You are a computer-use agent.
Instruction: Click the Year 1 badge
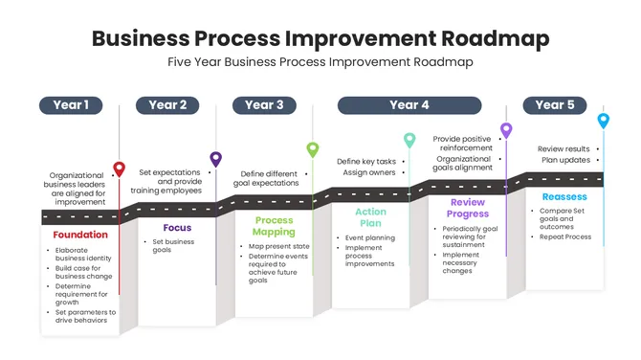tap(71, 105)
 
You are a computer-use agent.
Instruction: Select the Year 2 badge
tap(167, 105)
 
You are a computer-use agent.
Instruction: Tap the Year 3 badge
tap(264, 105)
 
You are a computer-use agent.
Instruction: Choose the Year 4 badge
tap(409, 105)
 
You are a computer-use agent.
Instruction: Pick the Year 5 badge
tap(555, 105)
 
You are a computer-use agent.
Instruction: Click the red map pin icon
tap(119, 169)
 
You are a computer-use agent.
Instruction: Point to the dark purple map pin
tap(216, 159)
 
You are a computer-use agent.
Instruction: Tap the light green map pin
tap(312, 148)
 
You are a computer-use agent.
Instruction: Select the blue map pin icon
tap(603, 120)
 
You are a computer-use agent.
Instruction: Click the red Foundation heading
tap(80, 236)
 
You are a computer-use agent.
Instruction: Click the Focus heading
tap(177, 228)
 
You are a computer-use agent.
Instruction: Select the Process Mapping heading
tap(274, 226)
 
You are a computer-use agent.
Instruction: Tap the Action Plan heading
tap(370, 217)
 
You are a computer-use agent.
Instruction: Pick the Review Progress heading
tap(467, 208)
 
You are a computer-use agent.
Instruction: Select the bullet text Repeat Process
tap(564, 236)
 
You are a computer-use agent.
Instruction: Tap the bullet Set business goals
tap(175, 245)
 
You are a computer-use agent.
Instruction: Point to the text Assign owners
tap(367, 173)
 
